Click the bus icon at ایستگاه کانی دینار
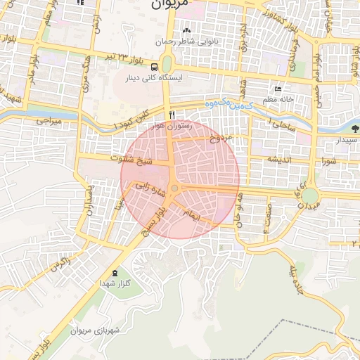155,67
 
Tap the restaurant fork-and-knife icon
171,114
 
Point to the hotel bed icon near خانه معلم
278,89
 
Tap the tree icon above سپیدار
354,129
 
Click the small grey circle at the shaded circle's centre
174,188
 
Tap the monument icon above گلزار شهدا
115,273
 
